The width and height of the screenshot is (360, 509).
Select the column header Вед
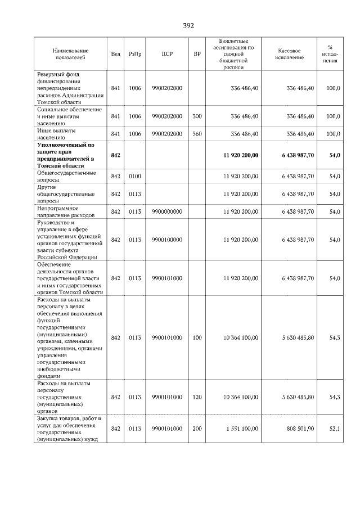pyautogui.click(x=116, y=54)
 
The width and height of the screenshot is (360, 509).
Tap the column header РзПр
pyautogui.click(x=135, y=54)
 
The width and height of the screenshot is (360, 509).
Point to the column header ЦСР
pyautogui.click(x=166, y=54)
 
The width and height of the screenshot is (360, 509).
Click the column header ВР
pyautogui.click(x=197, y=54)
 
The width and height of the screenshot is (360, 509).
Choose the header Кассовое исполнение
pyautogui.click(x=290, y=54)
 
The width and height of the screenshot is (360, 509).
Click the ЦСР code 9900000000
pyautogui.click(x=166, y=211)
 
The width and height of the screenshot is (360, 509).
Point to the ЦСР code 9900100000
pyautogui.click(x=166, y=240)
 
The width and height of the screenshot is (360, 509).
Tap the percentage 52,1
pyautogui.click(x=335, y=429)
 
